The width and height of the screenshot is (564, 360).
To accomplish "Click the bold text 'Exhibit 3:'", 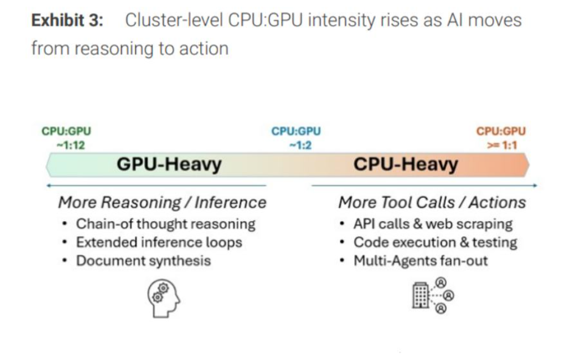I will (67, 21).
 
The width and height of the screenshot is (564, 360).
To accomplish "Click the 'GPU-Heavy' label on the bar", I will (169, 165).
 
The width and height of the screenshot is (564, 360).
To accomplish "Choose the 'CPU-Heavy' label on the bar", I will (405, 165).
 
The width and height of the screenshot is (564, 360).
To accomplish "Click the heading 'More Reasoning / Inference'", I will (162, 202).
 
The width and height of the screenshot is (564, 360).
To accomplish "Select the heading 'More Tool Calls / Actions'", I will (432, 202).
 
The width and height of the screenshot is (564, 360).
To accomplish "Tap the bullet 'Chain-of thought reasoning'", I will (165, 224).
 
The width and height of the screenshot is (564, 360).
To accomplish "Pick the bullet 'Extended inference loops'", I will (159, 242).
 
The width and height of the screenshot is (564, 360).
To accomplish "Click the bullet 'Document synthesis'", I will (143, 260).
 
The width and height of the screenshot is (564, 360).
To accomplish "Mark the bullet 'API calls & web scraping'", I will (433, 224).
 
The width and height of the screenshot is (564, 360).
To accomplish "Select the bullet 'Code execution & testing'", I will (435, 242).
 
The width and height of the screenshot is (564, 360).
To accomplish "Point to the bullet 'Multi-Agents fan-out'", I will (420, 260).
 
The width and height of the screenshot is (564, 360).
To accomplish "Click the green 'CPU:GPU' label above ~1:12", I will (66, 131).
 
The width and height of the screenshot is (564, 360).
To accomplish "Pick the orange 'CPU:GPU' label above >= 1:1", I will (501, 131).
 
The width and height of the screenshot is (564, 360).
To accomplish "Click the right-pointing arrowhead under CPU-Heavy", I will (535, 185).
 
